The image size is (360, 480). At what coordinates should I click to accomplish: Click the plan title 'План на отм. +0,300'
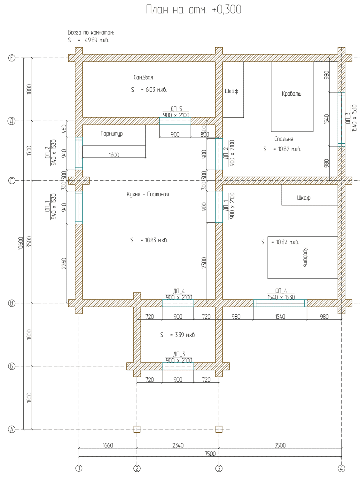193,10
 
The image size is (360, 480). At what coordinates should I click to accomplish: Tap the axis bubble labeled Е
12,58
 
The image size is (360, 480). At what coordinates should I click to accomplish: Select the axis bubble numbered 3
219,468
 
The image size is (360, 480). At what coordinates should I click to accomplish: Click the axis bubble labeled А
12,429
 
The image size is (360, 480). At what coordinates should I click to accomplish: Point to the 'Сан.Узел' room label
143,77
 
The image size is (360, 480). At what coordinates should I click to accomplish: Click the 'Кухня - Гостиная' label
148,194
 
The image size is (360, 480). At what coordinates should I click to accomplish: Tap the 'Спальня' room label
284,139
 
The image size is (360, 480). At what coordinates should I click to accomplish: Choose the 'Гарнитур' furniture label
112,134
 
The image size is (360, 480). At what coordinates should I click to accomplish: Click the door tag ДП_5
176,109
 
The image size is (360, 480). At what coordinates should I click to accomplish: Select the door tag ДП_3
179,354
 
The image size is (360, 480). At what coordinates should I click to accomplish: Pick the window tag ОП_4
281,291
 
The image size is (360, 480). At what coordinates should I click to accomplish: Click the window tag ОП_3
348,118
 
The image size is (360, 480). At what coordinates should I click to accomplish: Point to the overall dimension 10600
21,244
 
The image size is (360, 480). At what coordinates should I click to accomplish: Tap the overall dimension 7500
210,454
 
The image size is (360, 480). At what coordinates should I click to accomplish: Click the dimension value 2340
178,445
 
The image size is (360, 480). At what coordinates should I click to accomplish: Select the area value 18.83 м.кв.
156,240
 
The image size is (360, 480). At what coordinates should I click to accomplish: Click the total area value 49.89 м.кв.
97,40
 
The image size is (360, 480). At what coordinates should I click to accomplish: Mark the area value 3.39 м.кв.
185,335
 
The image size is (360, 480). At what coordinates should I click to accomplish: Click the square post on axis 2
137,429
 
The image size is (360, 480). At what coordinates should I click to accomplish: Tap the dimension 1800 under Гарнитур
114,155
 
